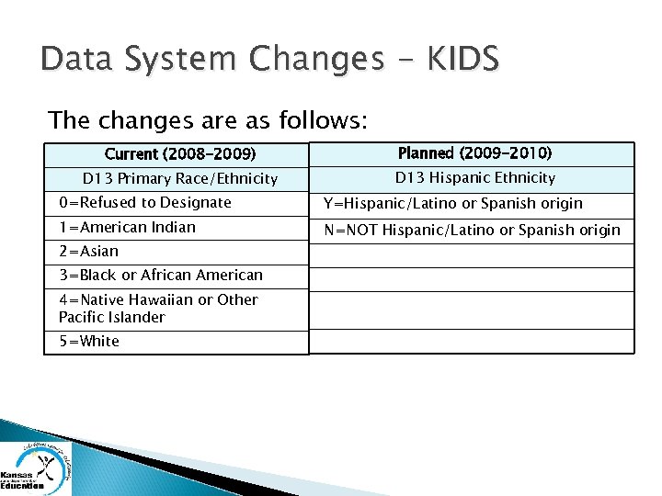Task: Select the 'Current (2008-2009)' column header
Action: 180,154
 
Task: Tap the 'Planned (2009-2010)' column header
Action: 474,153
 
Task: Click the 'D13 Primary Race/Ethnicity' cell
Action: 180,178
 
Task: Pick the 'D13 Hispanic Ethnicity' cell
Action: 474,178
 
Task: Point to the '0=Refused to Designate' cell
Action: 144,203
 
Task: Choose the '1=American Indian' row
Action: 127,227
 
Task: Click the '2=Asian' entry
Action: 88,251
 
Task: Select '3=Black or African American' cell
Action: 160,275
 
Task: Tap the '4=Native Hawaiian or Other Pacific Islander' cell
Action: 157,308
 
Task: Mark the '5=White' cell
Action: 88,342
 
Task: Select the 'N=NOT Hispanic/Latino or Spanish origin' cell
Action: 470,230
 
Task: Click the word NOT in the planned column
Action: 361,230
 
